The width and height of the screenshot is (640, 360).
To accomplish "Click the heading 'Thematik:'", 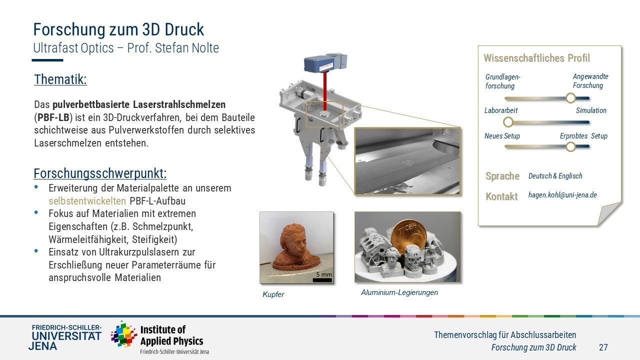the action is [x=60, y=79].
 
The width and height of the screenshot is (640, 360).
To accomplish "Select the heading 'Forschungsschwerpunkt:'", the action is [x=100, y=173].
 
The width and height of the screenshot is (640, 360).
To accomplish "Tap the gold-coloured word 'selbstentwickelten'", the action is [x=87, y=201].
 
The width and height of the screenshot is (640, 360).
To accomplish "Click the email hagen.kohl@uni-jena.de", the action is [x=562, y=195].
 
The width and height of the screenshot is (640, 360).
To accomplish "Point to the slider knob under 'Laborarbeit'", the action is [x=508, y=122].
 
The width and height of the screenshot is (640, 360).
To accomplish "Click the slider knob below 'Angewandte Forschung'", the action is [x=570, y=98].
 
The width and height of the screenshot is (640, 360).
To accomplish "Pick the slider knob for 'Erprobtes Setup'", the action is [x=570, y=147].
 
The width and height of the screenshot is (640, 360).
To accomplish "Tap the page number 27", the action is [x=603, y=347].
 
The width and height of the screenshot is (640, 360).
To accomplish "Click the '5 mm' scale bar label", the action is [x=323, y=274].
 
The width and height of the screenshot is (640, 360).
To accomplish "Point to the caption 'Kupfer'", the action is [x=273, y=294].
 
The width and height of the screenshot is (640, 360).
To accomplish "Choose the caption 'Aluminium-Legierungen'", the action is [x=399, y=292].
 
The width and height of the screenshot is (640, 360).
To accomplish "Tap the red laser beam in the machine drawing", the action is [x=325, y=92].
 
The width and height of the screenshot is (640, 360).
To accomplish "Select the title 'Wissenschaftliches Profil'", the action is [x=536, y=58].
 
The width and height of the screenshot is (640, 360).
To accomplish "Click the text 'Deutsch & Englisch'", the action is [x=555, y=175].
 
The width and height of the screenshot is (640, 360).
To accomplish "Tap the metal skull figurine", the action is [x=412, y=258].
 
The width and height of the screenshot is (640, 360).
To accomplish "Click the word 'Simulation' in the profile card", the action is [x=591, y=110].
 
